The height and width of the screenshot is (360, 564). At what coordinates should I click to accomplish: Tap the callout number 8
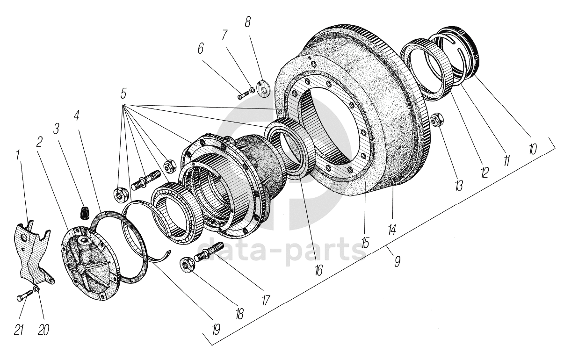[247, 22]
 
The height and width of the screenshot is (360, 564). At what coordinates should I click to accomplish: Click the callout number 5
[123, 93]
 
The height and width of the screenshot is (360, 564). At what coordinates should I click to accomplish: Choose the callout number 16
[318, 270]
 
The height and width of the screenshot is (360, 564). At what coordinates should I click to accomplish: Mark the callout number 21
[19, 330]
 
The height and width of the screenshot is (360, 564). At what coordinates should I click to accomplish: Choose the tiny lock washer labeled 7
[253, 90]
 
